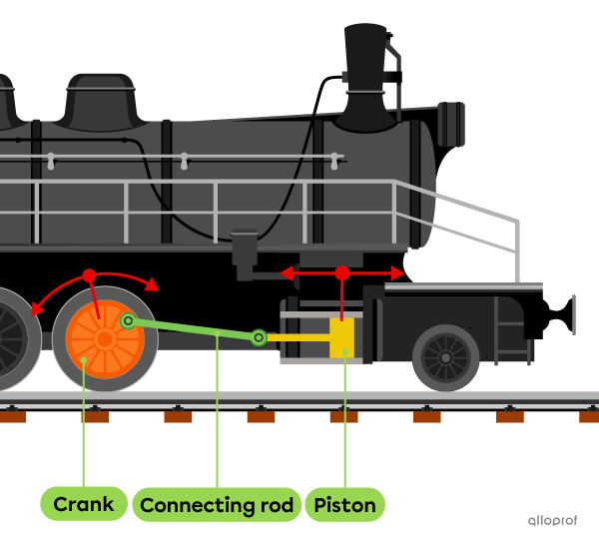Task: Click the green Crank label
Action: (84, 504)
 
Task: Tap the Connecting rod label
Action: (217, 504)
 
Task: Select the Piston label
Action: (344, 504)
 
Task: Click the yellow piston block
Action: (342, 337)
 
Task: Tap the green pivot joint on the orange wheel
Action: (128, 320)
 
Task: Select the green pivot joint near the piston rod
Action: (259, 337)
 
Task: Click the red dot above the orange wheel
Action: (89, 274)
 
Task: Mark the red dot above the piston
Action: (342, 272)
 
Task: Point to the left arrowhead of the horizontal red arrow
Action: (286, 272)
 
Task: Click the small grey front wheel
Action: (445, 356)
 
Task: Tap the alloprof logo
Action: (552, 520)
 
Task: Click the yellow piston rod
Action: (298, 337)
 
